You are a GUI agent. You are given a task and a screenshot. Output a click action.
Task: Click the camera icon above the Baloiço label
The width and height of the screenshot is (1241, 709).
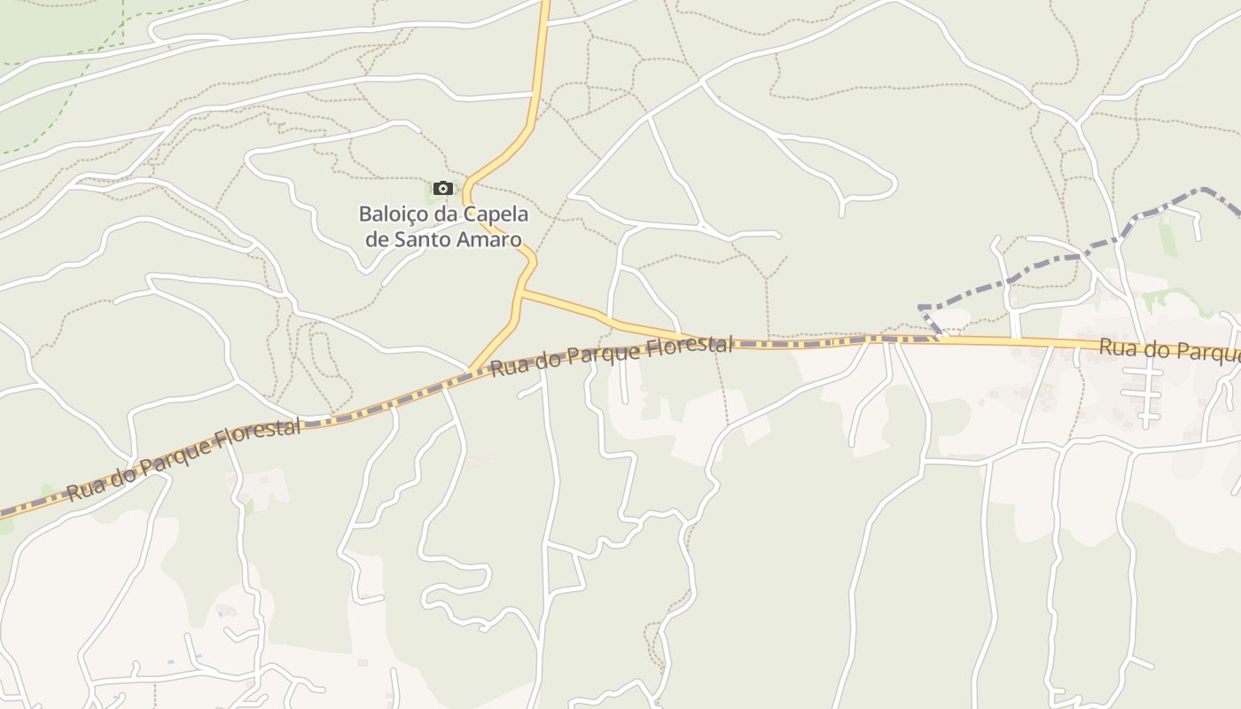[443, 188]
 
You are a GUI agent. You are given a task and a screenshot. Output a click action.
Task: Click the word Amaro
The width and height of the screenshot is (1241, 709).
[490, 239]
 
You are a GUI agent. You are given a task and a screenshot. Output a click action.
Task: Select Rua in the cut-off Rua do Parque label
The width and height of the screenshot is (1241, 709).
[1117, 347]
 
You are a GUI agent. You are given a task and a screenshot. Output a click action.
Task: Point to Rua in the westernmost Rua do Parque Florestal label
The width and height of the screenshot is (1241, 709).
[84, 488]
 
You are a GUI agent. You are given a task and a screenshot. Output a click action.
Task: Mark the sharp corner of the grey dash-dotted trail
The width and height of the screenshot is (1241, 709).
[922, 308]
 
